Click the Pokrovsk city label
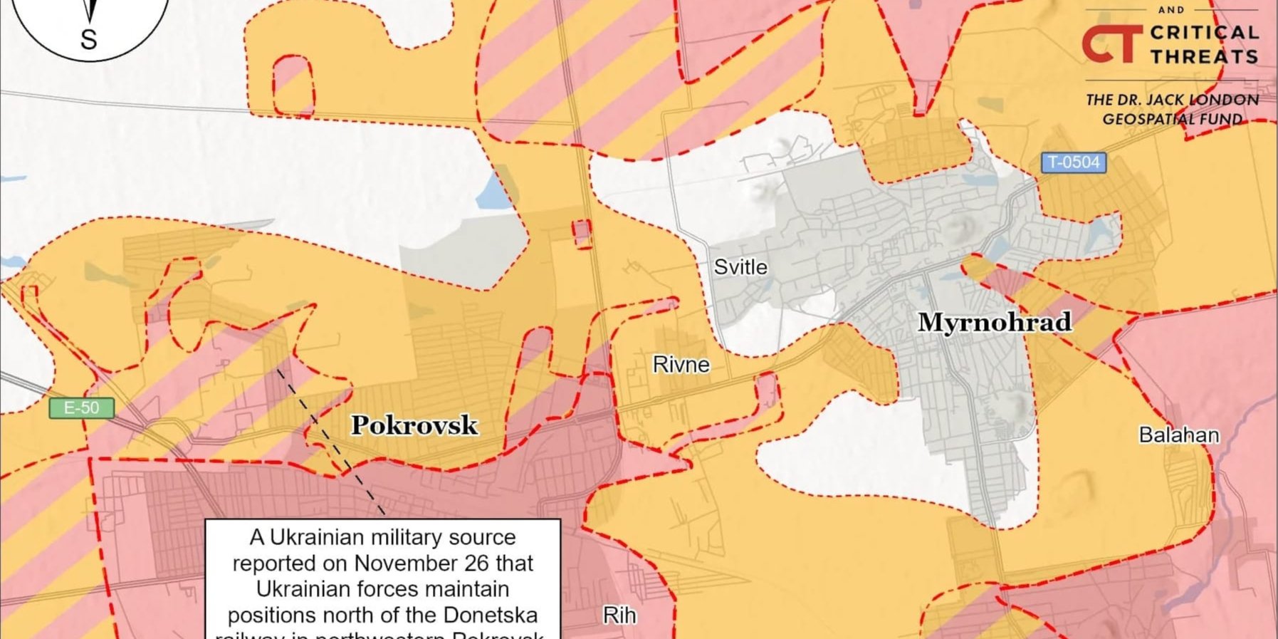click(x=414, y=425)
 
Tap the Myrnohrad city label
click(x=994, y=322)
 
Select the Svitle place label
click(x=740, y=267)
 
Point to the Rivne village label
click(x=681, y=365)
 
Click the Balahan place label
click(x=1178, y=435)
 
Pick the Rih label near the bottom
click(x=619, y=615)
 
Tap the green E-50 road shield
click(x=81, y=408)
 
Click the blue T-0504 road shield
click(x=1073, y=162)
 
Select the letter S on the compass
click(x=88, y=39)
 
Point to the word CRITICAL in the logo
click(x=1204, y=33)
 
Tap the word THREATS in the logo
click(x=1204, y=56)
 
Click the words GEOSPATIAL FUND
click(x=1172, y=119)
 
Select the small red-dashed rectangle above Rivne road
click(x=582, y=234)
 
